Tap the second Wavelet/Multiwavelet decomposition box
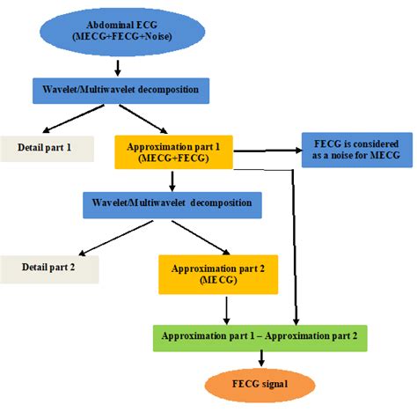click(172, 203)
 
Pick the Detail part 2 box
click(49, 268)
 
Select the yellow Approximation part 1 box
click(172, 151)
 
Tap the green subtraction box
click(259, 338)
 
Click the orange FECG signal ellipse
click(260, 385)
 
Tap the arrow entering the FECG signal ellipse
click(260, 358)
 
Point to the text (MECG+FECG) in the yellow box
click(172, 158)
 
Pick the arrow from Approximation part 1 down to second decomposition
click(172, 180)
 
